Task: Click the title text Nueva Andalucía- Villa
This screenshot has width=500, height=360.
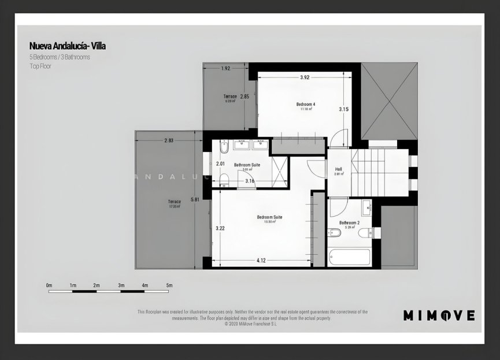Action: coord(67,45)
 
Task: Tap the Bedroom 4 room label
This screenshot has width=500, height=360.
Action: coord(305,104)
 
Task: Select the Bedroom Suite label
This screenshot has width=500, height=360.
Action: coord(269,217)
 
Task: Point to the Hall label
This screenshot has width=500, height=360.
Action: coord(339,169)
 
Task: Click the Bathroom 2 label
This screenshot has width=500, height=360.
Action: coord(349,222)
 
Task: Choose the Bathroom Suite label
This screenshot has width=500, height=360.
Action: coord(247,165)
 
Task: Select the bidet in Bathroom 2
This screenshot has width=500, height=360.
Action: coord(335,233)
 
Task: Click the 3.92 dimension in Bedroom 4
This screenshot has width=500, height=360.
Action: coord(305,77)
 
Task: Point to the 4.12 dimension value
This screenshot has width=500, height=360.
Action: coord(261,261)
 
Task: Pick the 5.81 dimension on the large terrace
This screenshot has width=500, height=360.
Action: coord(195,199)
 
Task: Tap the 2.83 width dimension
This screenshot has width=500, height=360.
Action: coord(169,140)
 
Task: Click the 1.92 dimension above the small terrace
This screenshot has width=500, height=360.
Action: coord(225,68)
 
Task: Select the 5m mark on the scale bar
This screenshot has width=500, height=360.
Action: coord(169,285)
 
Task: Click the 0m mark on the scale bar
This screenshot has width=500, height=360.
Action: coord(49,285)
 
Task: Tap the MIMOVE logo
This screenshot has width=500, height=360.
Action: coord(439,316)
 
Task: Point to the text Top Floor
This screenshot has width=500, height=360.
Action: coord(41,66)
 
